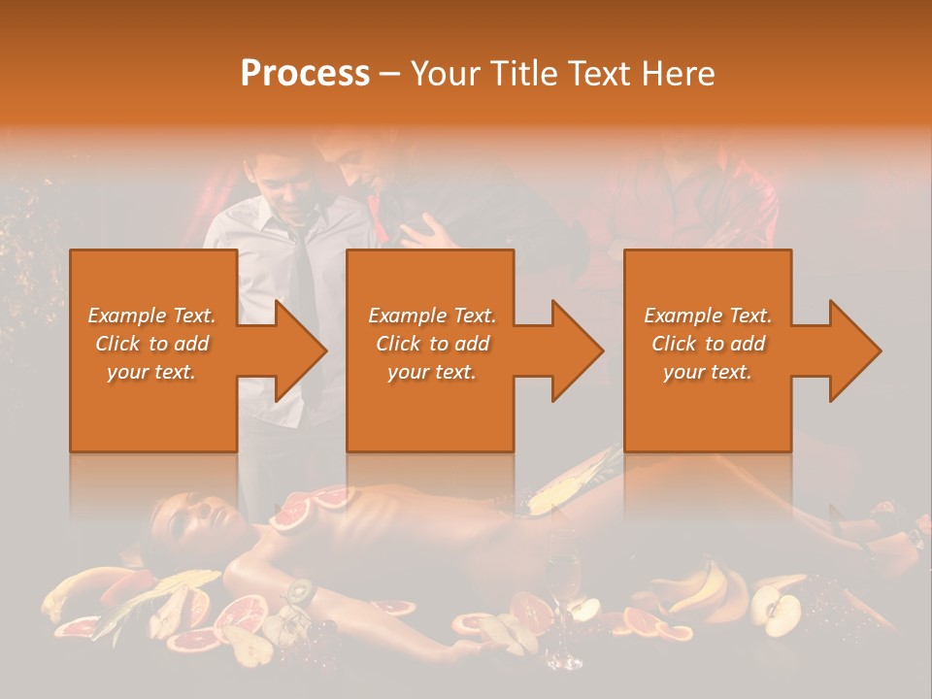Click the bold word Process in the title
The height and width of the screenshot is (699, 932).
(x=305, y=74)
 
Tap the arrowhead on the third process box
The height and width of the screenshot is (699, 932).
(x=853, y=350)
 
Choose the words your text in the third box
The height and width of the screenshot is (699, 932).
(x=707, y=372)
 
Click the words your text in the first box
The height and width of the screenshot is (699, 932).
(x=151, y=372)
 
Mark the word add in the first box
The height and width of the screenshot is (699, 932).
(x=192, y=344)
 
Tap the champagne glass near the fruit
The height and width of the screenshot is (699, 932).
(x=562, y=573)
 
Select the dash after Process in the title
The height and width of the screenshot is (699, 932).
(x=389, y=74)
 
